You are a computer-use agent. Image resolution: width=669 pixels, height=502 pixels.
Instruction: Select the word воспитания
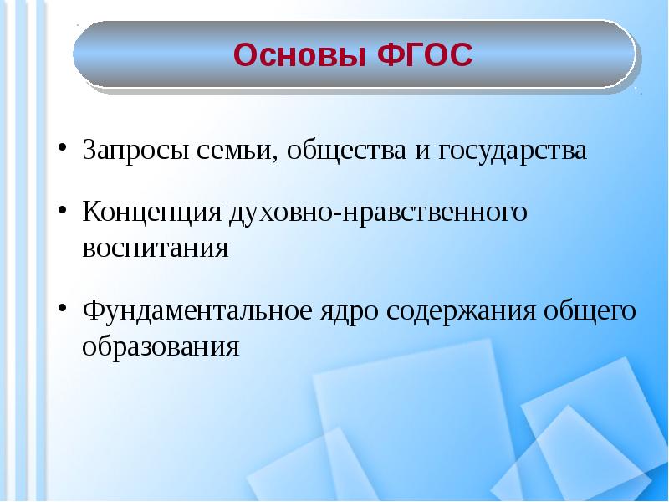(156, 248)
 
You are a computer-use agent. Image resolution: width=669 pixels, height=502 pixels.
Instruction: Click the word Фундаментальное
(197, 310)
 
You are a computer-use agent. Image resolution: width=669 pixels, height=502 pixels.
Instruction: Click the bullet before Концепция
(62, 210)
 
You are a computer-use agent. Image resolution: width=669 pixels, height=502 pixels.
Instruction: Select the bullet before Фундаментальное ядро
(62, 309)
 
